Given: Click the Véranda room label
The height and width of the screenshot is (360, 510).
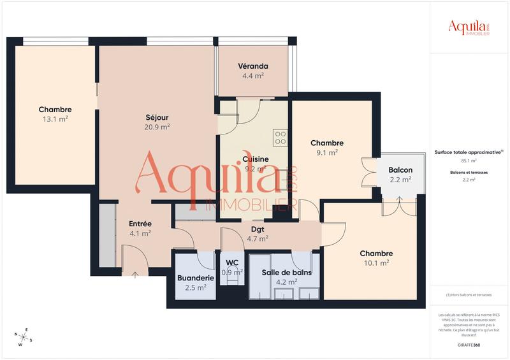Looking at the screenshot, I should [x=253, y=66].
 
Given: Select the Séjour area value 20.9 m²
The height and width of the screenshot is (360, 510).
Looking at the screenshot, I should [x=157, y=127].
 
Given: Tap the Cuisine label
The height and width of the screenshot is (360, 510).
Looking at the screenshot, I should [x=255, y=159].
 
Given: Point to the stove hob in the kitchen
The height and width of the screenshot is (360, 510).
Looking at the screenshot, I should [x=280, y=138].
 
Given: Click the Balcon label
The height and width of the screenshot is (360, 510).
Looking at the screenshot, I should [x=400, y=170].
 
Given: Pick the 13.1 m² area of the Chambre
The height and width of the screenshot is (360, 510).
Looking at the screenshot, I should [x=55, y=119].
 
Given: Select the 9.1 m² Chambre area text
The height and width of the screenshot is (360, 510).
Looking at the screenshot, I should [x=327, y=152].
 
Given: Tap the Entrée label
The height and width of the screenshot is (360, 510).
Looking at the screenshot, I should [x=140, y=224].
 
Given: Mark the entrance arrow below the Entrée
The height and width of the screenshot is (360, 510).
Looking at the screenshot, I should [x=135, y=275].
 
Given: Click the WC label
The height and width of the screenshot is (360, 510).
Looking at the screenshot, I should [x=232, y=263].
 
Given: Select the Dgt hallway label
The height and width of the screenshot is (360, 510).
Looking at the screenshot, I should [x=257, y=229].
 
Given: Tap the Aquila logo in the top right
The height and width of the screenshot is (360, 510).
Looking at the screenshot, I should [x=469, y=27].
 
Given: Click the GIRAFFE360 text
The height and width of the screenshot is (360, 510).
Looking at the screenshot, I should [x=469, y=345].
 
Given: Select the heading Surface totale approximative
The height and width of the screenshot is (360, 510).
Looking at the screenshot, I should [x=469, y=152].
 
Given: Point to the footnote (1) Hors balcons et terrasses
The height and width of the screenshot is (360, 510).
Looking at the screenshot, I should [x=469, y=295].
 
